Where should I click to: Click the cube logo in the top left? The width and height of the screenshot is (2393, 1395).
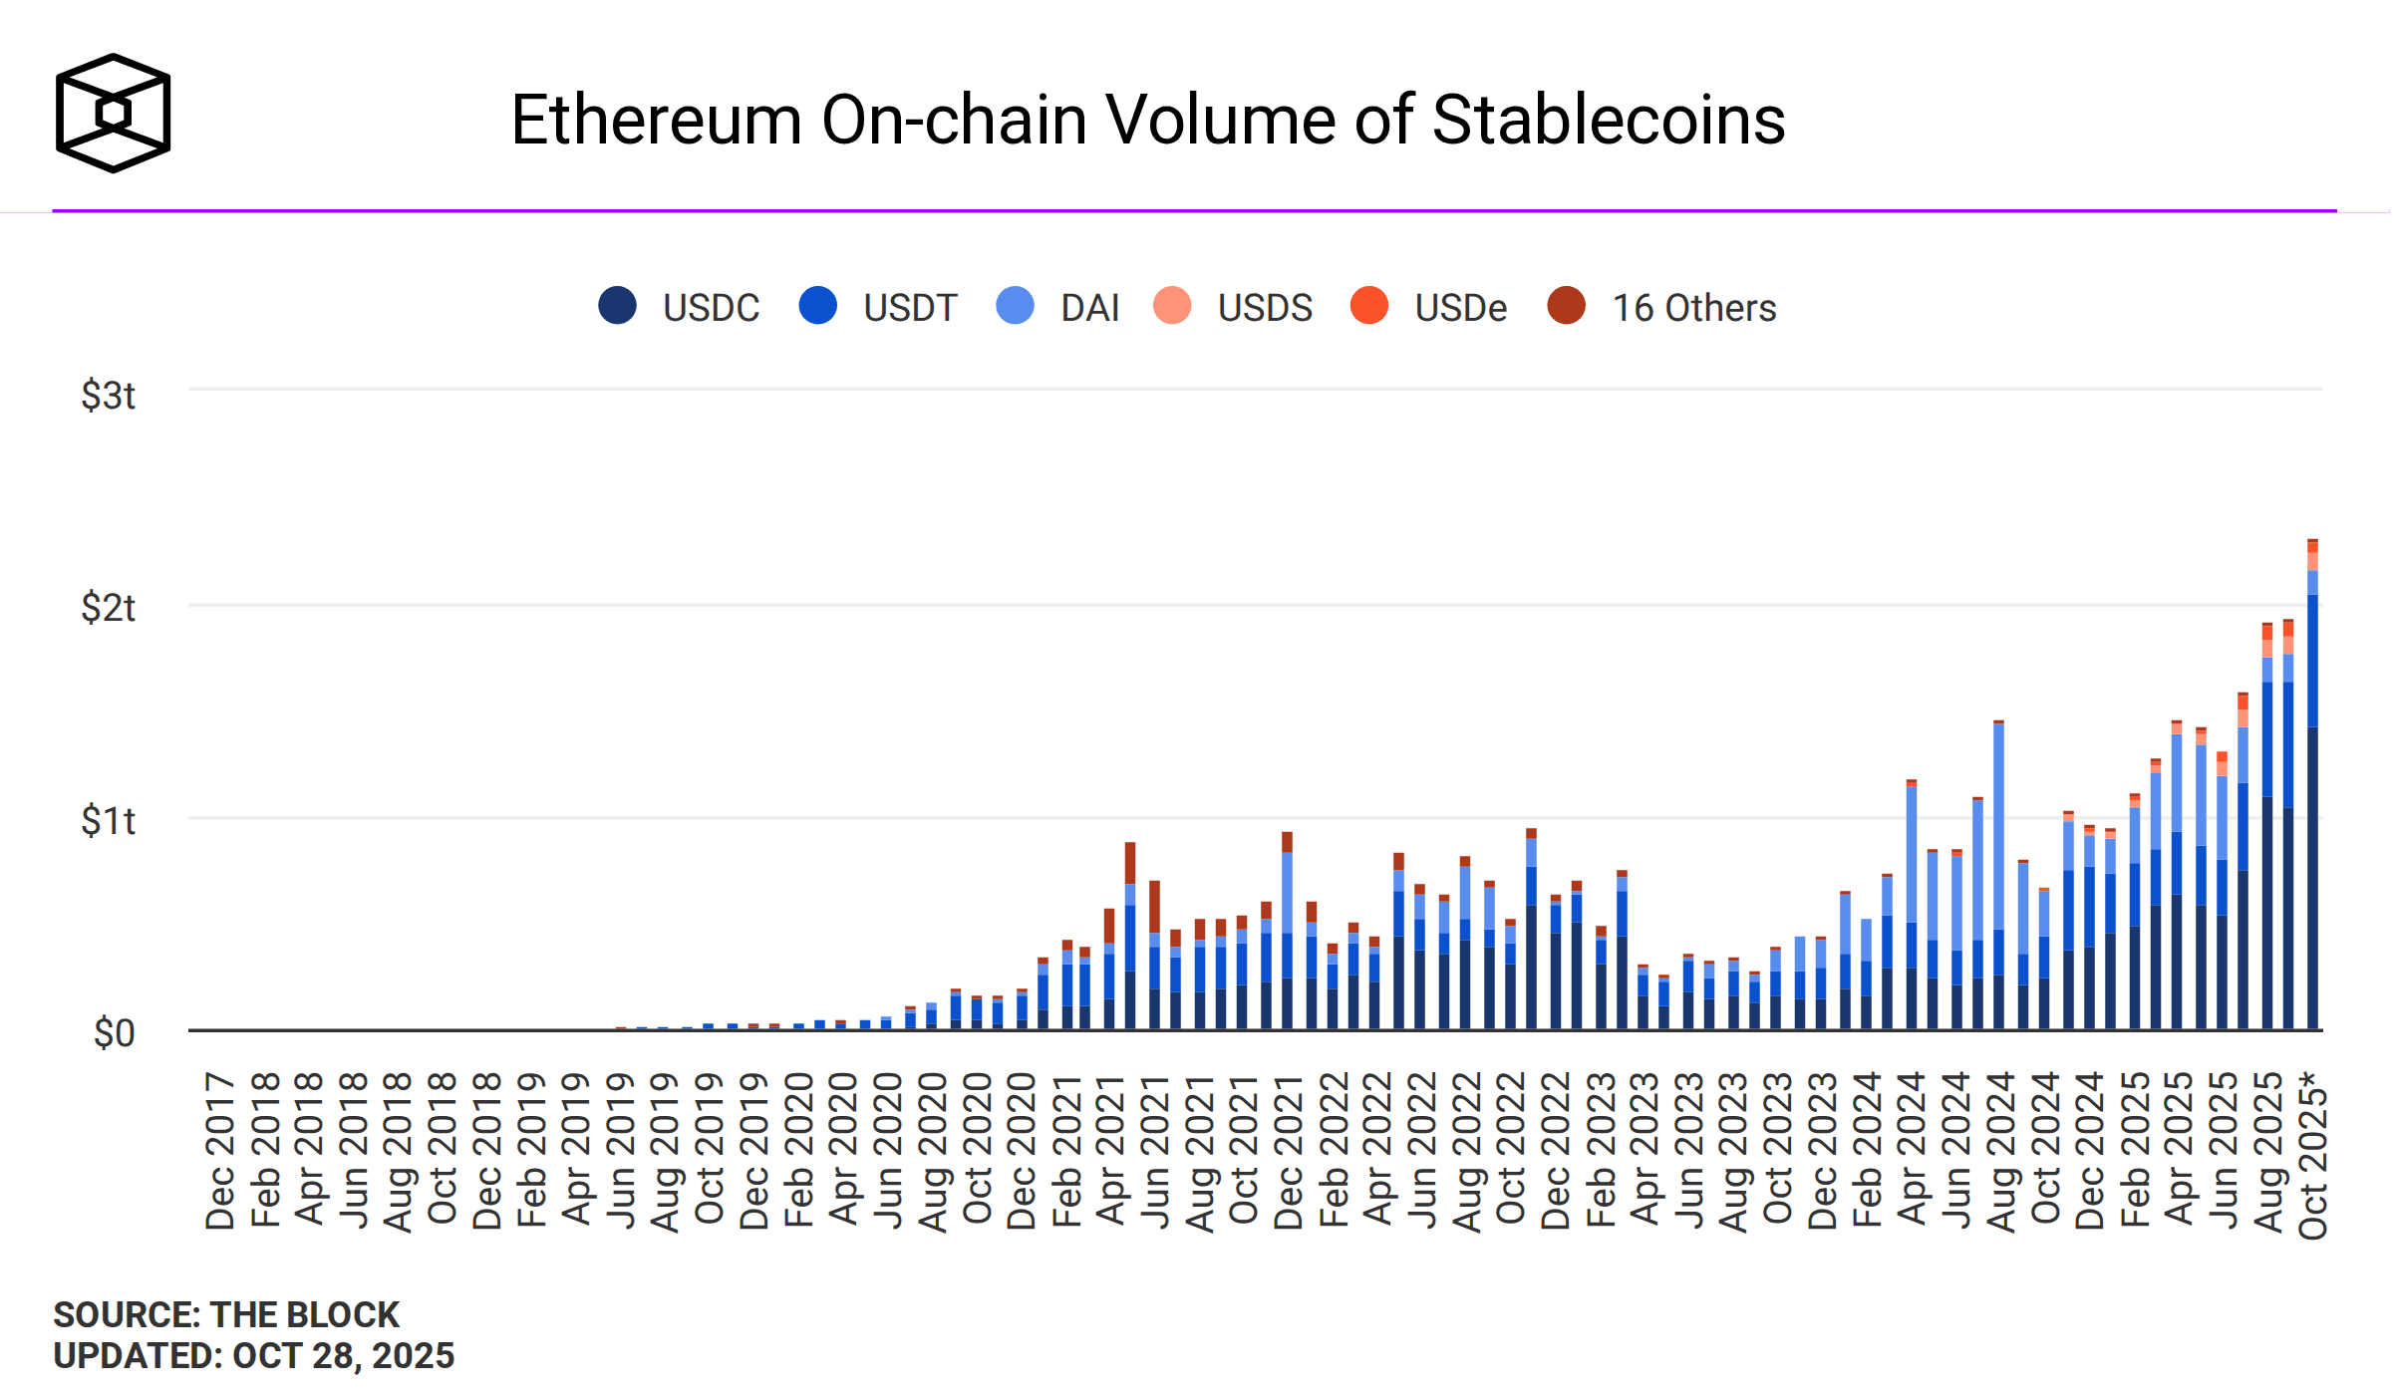click(113, 113)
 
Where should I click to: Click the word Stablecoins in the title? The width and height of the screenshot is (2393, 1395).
click(1608, 121)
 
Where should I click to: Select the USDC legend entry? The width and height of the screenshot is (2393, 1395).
click(680, 307)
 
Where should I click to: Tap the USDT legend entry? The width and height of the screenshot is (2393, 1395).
click(879, 307)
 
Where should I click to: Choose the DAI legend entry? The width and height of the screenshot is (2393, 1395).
click(1058, 307)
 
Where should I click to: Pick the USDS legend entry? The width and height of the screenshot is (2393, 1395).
click(1234, 307)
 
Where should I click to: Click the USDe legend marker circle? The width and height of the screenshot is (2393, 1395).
click(1369, 306)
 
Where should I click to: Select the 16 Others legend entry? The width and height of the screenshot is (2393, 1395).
click(1662, 307)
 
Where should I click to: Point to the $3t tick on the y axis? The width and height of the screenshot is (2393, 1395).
click(108, 396)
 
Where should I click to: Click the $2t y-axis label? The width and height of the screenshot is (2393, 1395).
click(108, 608)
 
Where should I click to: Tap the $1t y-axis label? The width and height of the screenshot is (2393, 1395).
click(108, 821)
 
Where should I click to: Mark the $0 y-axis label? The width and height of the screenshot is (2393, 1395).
click(114, 1033)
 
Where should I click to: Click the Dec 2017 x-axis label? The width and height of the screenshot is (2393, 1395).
click(220, 1151)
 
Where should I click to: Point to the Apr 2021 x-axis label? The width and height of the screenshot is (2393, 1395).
click(1110, 1151)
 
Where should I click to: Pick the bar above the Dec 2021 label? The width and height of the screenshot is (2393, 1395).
click(1287, 937)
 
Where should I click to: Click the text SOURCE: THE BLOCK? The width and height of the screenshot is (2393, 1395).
click(226, 1315)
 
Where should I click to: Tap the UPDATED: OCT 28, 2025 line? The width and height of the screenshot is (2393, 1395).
click(253, 1356)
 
